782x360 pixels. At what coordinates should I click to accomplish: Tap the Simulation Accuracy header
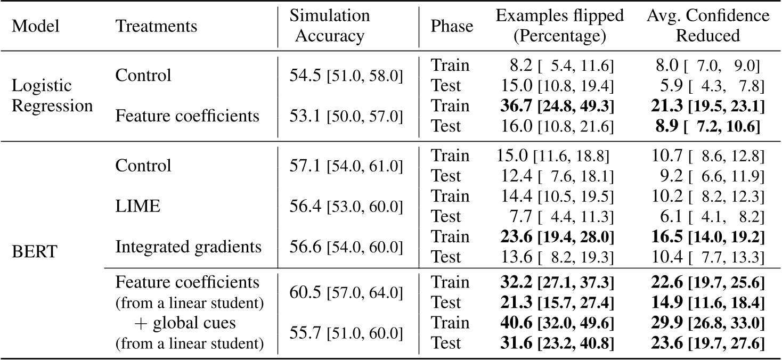(329, 26)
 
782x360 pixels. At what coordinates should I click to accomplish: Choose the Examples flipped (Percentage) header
(559, 26)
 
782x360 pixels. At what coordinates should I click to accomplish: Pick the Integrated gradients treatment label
(188, 247)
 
